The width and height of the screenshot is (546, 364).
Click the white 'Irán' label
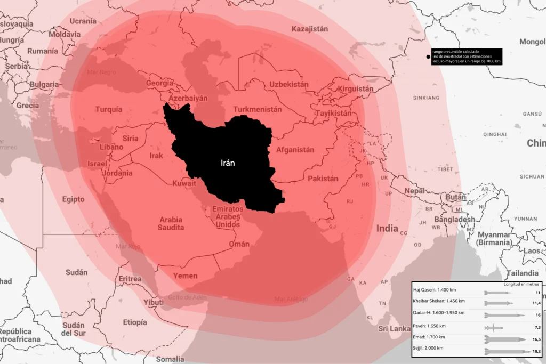pos(228,163)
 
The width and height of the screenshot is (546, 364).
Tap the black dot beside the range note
pos(427,56)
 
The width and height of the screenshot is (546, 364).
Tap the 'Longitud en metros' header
pos(522,284)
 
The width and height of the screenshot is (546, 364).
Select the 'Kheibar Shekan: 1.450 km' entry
pos(439,302)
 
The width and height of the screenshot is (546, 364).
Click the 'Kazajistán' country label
pos(310,29)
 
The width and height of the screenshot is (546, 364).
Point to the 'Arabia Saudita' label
pos(171,223)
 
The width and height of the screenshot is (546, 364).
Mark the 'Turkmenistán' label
pos(258,109)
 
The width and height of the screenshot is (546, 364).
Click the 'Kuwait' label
pos(184,184)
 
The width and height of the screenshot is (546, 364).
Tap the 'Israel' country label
pos(97,164)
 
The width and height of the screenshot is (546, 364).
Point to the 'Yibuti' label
pos(154,302)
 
